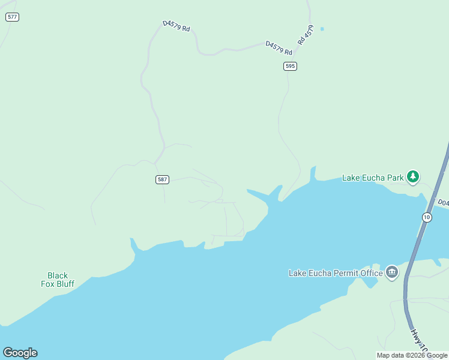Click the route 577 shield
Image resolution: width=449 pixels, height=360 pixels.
12,17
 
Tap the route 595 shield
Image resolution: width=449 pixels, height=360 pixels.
291,66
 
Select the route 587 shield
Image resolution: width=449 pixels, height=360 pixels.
162,179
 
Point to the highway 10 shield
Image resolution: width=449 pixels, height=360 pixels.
426,217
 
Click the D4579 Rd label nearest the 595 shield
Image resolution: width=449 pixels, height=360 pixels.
279,47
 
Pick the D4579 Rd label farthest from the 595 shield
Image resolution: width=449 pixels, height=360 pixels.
176,27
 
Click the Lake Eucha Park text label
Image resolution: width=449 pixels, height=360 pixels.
373,178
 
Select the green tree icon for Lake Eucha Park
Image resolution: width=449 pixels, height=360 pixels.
412,176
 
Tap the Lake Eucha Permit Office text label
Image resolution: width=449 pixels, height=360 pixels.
336,273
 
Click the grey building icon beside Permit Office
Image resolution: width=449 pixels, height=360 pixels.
391,272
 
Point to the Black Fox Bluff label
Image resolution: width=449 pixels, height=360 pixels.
58,280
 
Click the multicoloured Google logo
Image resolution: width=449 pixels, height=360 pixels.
20,353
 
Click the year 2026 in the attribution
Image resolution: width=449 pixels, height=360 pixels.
418,355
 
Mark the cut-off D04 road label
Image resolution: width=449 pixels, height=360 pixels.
443,203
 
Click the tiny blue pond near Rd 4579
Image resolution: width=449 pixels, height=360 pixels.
322,29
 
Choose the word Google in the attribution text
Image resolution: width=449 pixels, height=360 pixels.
438,355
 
